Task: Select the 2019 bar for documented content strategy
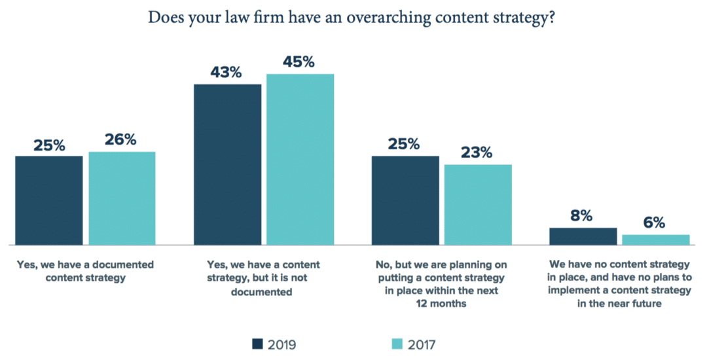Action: [49, 200]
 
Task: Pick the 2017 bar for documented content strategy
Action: [122, 198]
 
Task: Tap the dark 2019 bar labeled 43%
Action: [227, 164]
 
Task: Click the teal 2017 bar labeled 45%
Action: [300, 158]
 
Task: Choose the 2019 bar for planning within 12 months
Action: [405, 200]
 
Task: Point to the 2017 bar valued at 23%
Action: [478, 204]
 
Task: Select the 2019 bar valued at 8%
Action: [583, 236]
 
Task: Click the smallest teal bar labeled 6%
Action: [656, 239]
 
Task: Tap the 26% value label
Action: [120, 139]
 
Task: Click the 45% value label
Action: [299, 62]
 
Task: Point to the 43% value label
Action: [227, 72]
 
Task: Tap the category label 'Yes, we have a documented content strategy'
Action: [84, 271]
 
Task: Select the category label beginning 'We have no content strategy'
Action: [619, 284]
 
